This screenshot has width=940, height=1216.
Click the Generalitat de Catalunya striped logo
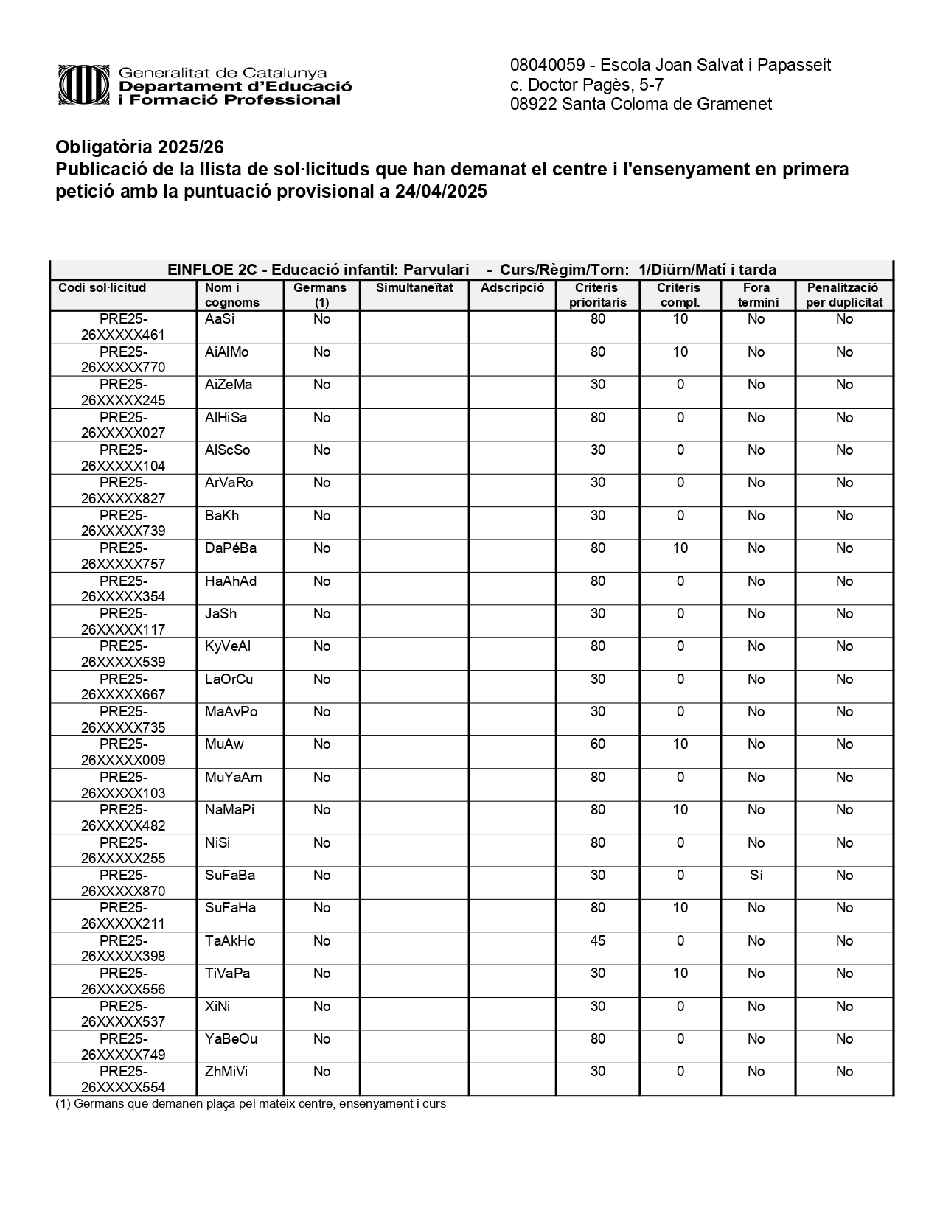click(x=86, y=85)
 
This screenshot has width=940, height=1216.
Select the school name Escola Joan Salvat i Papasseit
click(x=716, y=65)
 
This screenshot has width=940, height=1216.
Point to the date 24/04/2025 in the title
click(x=441, y=192)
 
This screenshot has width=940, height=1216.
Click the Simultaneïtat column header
click(x=414, y=287)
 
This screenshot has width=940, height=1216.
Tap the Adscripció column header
click(x=512, y=287)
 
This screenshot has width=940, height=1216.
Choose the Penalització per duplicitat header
click(x=844, y=295)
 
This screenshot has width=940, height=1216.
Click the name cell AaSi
click(x=220, y=319)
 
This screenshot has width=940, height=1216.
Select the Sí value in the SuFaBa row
click(x=756, y=876)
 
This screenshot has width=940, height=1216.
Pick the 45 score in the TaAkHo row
click(x=597, y=941)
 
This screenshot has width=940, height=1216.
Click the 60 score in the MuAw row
click(x=597, y=744)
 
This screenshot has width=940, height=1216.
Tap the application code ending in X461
click(x=123, y=327)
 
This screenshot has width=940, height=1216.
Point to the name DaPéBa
click(x=231, y=548)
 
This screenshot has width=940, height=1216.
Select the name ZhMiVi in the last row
click(x=226, y=1072)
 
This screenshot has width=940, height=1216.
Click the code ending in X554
click(x=123, y=1080)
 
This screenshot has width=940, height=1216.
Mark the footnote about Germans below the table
click(x=251, y=1104)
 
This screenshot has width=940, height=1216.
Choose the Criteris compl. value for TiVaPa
click(x=680, y=974)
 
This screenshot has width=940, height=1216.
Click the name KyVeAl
click(x=228, y=646)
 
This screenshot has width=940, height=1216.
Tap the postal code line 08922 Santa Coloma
click(x=641, y=104)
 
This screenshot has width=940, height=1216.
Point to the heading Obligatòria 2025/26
click(x=139, y=147)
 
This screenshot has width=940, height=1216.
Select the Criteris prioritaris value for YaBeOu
click(x=597, y=1039)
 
